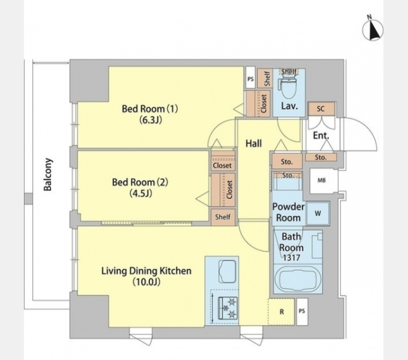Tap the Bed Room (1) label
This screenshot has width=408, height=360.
tap(150, 108)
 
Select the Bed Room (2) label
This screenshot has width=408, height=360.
tap(140, 182)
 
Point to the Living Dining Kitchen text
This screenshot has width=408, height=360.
tap(146, 271)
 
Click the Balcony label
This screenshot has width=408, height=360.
tap(48, 174)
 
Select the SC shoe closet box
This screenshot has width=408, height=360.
tap(321, 109)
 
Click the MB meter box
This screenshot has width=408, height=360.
tap(322, 180)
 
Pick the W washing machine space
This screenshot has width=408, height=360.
tap(318, 214)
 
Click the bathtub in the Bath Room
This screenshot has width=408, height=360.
tap(298, 279)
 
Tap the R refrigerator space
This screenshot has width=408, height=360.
tap(281, 312)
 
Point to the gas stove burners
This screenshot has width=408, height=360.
tap(228, 308)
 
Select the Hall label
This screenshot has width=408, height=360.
tap(254, 143)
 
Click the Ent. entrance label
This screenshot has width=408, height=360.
tap(321, 135)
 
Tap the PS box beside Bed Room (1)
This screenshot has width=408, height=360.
tap(251, 79)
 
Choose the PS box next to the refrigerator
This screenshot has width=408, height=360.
tap(302, 311)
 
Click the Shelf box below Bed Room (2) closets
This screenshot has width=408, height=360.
tap(223, 217)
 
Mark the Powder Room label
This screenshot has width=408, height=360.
tap(288, 212)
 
